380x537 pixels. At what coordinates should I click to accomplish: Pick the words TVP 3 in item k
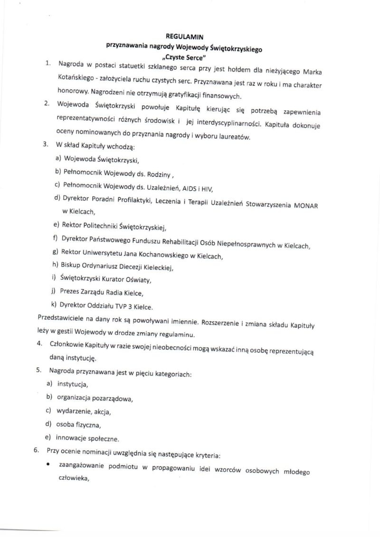click(x=121, y=306)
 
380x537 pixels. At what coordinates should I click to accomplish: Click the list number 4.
click(x=39, y=344)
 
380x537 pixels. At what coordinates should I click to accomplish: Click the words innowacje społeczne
click(x=87, y=438)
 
